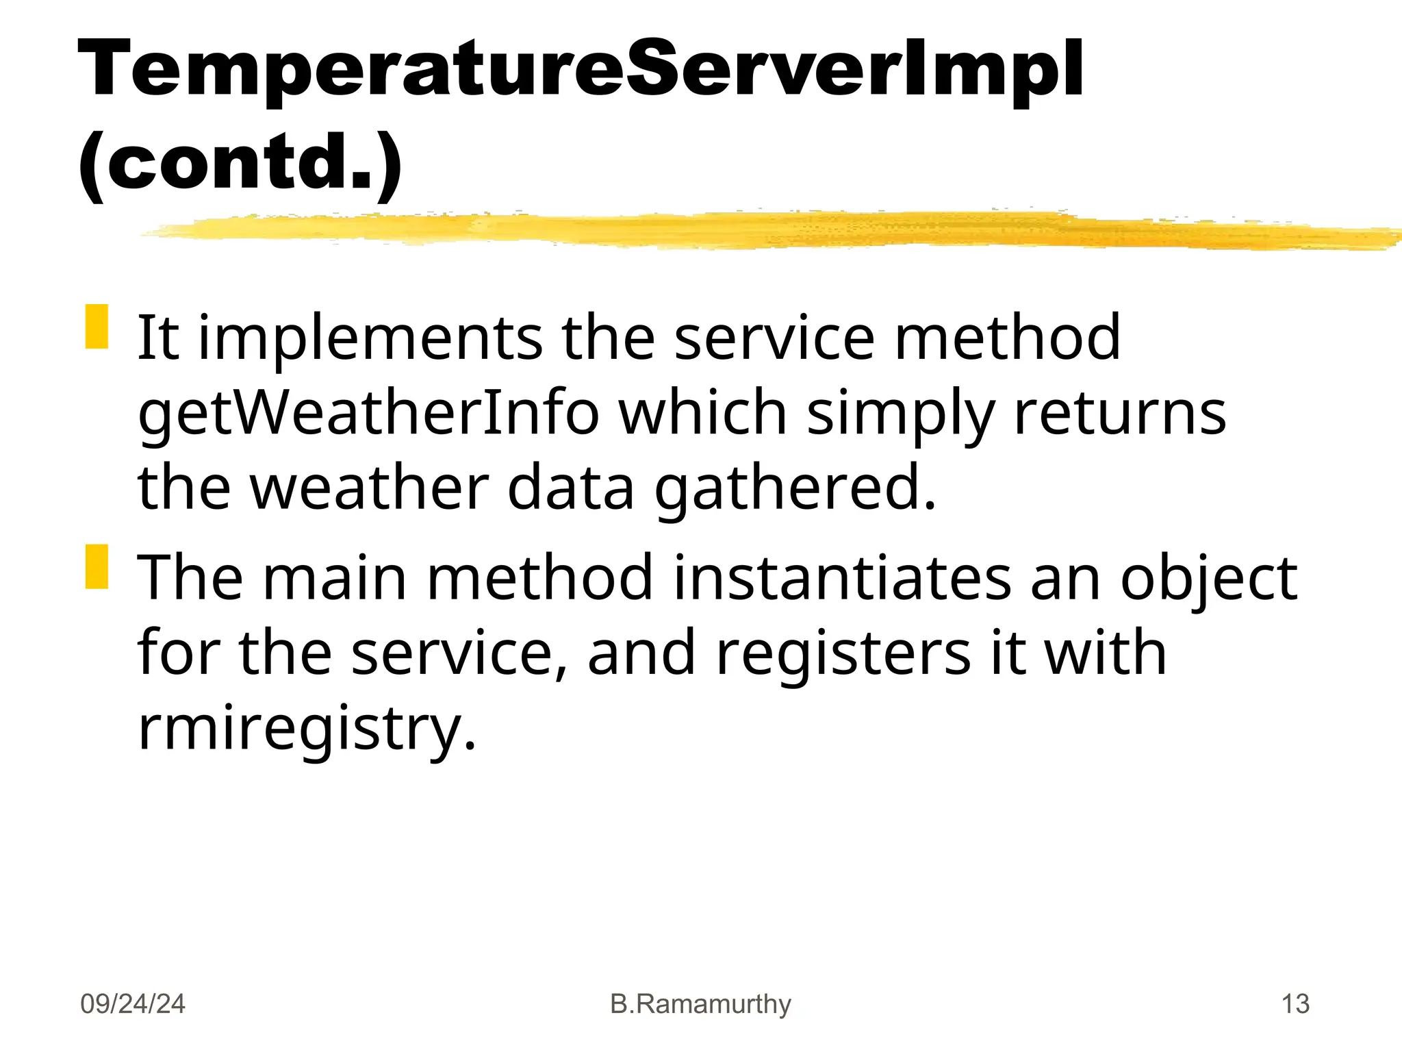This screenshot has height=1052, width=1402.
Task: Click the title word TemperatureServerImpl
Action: (x=581, y=70)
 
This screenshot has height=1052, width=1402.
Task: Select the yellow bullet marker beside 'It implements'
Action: (x=97, y=327)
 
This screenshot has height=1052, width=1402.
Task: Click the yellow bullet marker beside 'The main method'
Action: (x=97, y=566)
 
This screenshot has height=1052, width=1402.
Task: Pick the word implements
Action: (x=370, y=338)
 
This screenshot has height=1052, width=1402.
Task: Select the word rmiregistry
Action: (x=306, y=729)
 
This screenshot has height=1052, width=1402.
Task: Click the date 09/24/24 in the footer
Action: (x=133, y=1004)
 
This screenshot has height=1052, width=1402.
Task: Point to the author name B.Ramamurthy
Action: (x=700, y=1004)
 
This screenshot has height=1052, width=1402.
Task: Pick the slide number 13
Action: (x=1295, y=1004)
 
